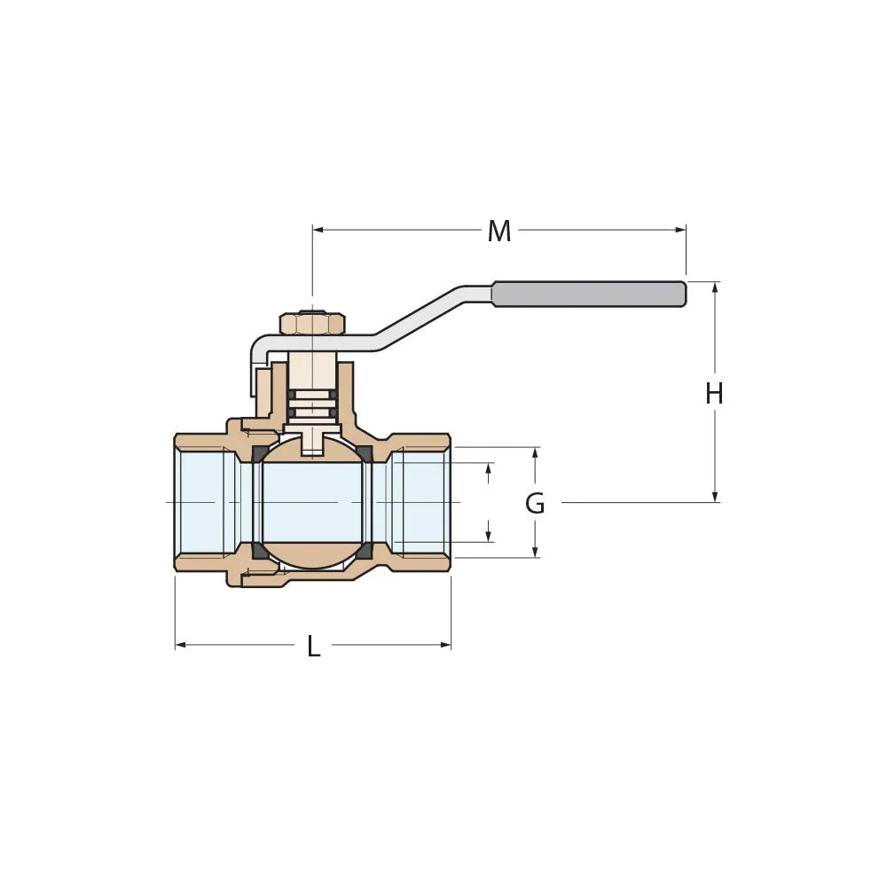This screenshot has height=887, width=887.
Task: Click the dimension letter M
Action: [499, 232]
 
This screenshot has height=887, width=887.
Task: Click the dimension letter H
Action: [714, 393]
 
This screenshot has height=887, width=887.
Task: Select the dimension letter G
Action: [535, 504]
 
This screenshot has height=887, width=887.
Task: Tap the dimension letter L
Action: [313, 647]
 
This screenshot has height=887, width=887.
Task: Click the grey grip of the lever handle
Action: [589, 294]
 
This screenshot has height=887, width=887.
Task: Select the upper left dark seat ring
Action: [260, 454]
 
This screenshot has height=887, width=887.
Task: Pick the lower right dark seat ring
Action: [364, 550]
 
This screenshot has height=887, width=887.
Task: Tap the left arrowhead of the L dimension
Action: [180, 645]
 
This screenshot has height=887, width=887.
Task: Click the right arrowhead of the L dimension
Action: [446, 645]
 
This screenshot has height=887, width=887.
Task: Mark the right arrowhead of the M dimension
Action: [681, 230]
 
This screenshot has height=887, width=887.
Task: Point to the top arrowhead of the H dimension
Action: [715, 287]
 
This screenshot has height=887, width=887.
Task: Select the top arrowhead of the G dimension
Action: [535, 452]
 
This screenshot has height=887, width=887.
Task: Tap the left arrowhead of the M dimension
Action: [318, 230]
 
